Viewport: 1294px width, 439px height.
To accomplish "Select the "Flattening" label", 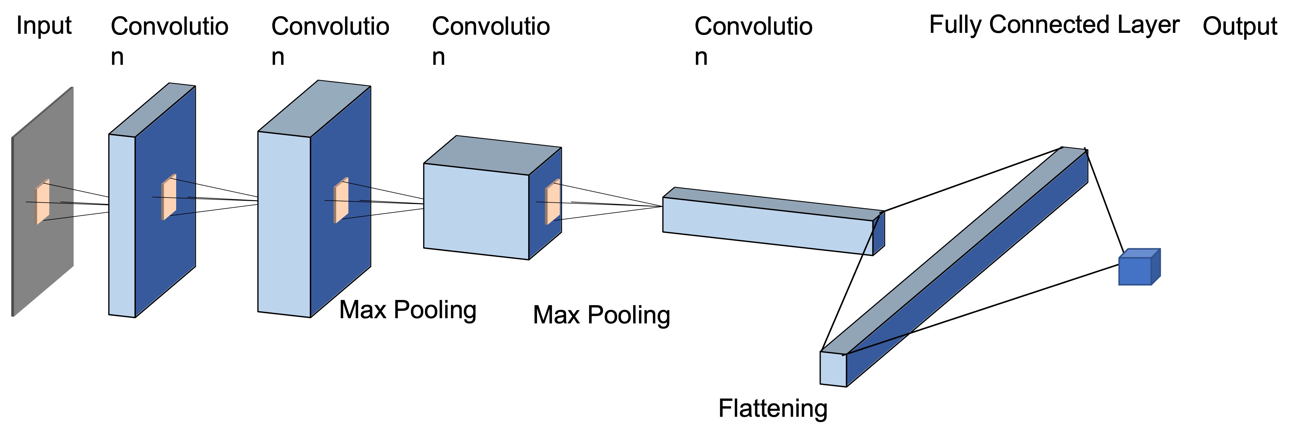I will (773, 408).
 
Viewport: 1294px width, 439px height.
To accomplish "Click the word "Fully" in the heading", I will (956, 25).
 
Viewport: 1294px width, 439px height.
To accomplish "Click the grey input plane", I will (43, 251).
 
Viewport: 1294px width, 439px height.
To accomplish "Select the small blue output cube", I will (1135, 270).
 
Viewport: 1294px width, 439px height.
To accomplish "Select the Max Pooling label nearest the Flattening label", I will (601, 315).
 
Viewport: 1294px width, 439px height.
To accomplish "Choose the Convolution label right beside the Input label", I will (169, 40).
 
